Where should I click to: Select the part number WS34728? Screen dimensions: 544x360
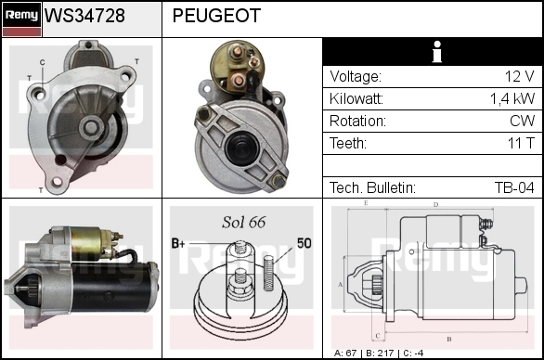pos(84,16)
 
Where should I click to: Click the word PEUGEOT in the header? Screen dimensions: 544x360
pos(216,16)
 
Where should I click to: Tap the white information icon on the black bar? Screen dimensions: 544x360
pos(437,52)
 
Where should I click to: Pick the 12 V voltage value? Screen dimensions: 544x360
pos(519,76)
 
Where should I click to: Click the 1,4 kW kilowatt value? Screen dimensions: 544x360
pos(512,99)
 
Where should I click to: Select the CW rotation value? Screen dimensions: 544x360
pos(522,121)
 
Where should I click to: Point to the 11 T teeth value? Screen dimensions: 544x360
pos(521,143)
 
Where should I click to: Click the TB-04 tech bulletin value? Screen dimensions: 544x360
pos(514,187)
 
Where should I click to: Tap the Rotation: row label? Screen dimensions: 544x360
pos(357,121)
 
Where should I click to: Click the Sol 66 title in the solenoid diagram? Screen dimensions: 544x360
pos(244,222)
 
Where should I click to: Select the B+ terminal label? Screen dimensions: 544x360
pos(178,243)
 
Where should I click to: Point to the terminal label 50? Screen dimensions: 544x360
pos(304,243)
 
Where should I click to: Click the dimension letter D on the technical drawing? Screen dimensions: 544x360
pos(435,205)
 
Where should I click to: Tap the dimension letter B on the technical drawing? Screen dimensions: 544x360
pos(449,339)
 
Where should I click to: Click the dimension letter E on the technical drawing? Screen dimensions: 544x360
pos(366,203)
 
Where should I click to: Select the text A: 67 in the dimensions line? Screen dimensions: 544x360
pos(345,354)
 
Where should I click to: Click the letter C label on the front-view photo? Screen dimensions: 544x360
pos(43,62)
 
